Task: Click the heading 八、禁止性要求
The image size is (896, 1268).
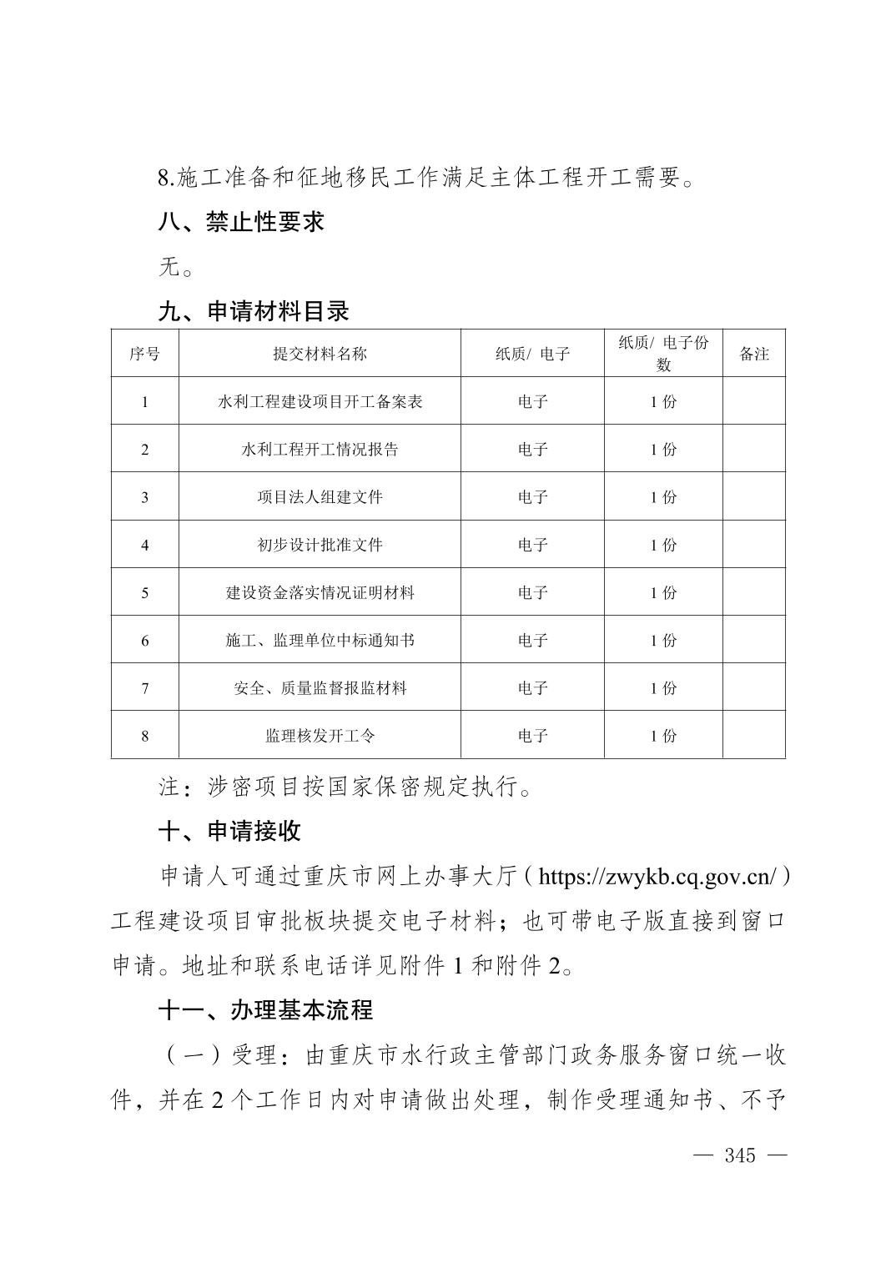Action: coord(241,222)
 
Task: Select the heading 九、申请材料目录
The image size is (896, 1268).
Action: coord(254,312)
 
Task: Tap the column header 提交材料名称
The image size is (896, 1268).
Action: coord(320,354)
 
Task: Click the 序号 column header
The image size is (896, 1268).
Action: coord(144,354)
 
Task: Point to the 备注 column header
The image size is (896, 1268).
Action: coord(754,354)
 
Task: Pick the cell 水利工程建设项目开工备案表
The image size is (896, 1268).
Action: coord(320,402)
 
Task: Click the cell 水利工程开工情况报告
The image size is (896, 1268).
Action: coord(320,450)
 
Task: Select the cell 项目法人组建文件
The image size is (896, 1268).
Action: coord(320,497)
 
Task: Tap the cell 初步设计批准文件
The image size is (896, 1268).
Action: coord(320,545)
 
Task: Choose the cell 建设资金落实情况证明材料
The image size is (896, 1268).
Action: coord(320,593)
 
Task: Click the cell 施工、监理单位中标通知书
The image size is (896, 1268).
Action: coord(320,641)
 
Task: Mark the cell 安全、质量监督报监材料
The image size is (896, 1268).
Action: coord(320,688)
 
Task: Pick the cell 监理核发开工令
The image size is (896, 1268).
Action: coord(320,736)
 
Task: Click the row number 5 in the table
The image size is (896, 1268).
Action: coord(145,593)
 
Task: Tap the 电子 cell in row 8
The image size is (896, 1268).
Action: coord(532,736)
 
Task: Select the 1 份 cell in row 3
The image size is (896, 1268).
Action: coord(663,497)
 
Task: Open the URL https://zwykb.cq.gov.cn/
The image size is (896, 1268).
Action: coord(658,877)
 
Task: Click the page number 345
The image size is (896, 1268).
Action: coord(740,1155)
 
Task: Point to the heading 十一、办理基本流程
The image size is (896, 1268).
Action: coord(265,1011)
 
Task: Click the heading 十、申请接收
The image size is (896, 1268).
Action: coord(229,832)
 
